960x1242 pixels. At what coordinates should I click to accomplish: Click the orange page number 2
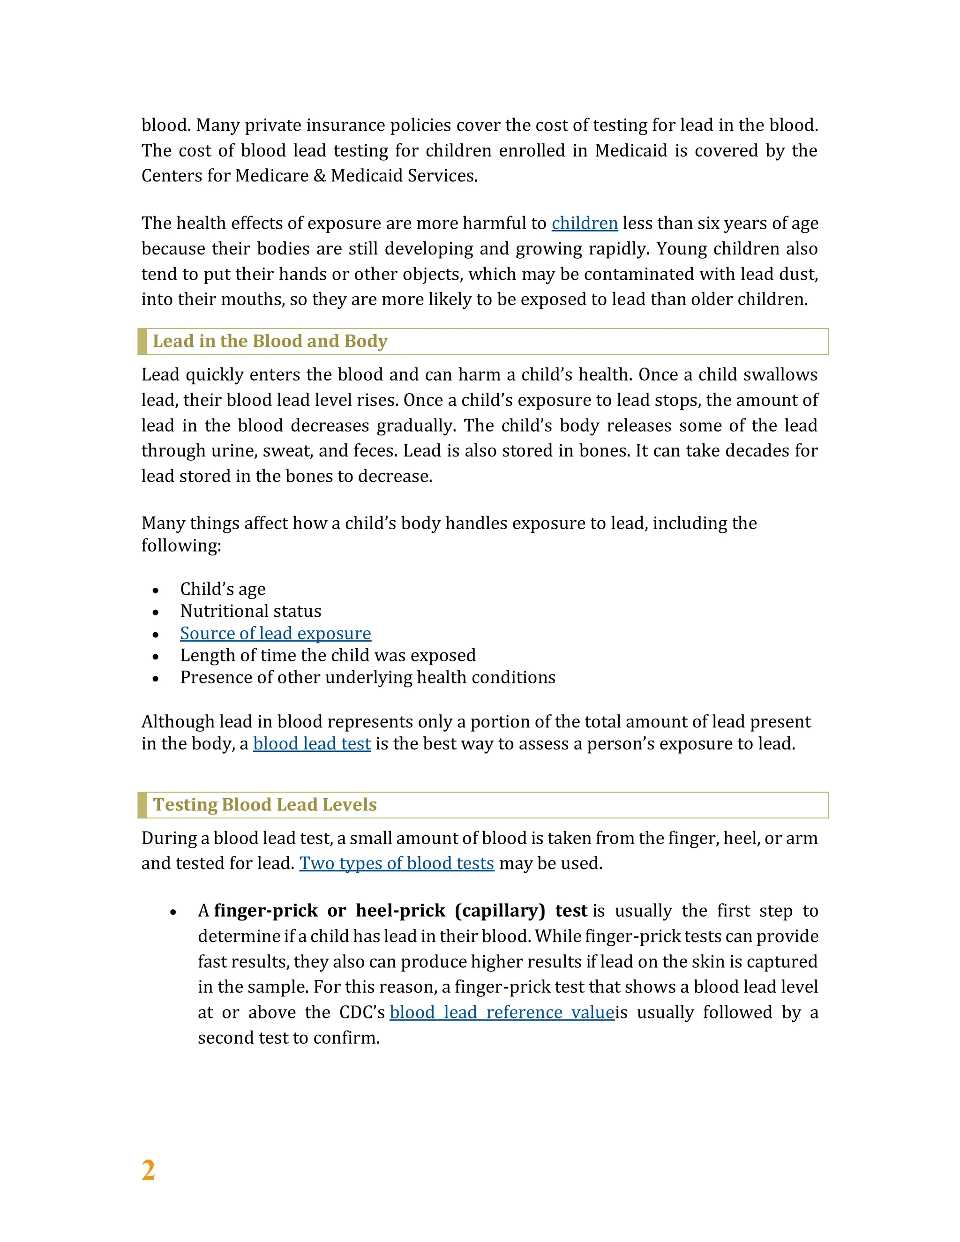pos(148,1171)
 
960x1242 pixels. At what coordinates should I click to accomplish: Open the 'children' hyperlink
pos(584,224)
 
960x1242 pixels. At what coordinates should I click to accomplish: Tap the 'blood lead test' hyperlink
pos(312,744)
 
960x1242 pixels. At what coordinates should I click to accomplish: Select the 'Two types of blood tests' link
pos(397,863)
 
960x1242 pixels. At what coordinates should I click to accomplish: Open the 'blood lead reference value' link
pos(502,1012)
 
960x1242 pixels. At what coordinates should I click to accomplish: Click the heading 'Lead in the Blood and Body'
pos(270,341)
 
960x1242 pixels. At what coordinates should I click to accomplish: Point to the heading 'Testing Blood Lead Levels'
pos(264,805)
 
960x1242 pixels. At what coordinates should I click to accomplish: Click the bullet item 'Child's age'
pos(222,589)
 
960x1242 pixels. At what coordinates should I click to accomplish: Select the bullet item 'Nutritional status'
pos(250,611)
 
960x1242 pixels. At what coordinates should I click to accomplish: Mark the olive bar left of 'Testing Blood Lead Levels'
pos(142,805)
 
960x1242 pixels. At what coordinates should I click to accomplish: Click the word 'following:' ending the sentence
pos(181,546)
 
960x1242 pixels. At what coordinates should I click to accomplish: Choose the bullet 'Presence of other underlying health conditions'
pos(367,678)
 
